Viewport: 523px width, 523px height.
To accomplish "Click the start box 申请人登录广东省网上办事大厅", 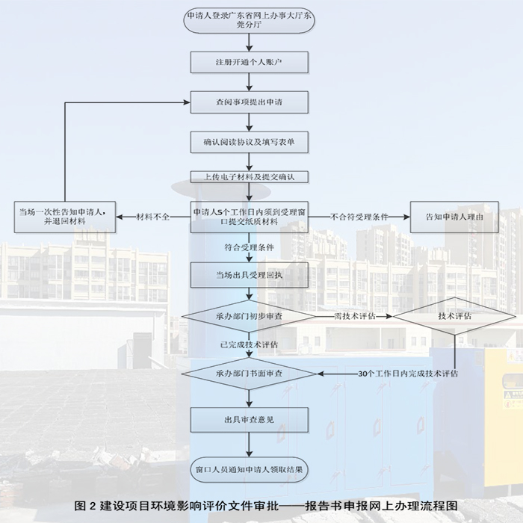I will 249,19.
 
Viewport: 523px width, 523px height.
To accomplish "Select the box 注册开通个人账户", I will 249,61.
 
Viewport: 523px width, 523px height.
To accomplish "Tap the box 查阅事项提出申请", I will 249,102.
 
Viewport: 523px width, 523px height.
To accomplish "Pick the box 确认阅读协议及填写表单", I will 249,142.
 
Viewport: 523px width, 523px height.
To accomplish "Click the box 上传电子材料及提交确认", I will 249,177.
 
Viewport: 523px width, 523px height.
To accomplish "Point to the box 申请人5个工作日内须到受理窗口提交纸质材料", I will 249,217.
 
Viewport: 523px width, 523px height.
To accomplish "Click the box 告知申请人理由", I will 454,217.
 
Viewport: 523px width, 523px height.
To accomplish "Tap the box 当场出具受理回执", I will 249,276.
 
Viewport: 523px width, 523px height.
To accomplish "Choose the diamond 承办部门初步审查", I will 249,317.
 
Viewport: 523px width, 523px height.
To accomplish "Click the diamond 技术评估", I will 454,317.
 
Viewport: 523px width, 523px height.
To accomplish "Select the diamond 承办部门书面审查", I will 249,371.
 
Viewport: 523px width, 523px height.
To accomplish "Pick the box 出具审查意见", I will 249,420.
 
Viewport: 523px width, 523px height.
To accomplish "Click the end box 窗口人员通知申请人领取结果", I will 249,470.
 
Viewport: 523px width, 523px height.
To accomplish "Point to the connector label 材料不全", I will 153,217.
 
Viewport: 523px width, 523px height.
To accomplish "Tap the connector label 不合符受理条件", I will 360,217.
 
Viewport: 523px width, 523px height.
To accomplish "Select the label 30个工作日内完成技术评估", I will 408,372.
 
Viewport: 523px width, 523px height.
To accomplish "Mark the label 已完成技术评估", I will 249,344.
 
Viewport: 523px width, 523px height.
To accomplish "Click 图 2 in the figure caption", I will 87,506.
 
